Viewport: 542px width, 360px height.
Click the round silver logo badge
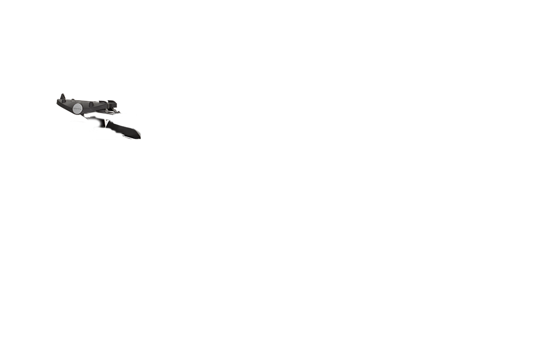[78, 108]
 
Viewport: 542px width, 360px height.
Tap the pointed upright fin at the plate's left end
[64, 97]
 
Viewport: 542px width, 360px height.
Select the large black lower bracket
[119, 129]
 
